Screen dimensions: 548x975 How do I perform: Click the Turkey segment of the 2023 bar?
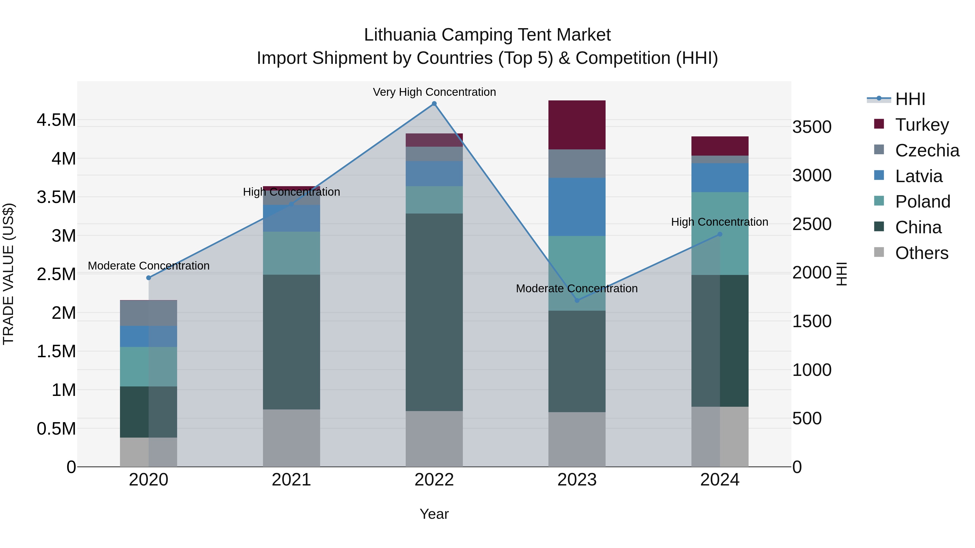tap(577, 125)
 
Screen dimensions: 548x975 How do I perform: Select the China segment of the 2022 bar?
tap(434, 312)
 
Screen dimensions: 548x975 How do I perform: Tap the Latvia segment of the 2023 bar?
tap(577, 207)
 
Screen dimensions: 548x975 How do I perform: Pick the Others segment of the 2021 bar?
tap(291, 438)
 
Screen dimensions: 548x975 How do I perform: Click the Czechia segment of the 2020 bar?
tap(148, 313)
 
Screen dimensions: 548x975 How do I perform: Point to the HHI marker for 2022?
tap(434, 104)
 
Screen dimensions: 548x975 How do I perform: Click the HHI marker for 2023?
tap(577, 300)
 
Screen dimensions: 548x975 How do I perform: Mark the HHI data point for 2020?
tap(148, 278)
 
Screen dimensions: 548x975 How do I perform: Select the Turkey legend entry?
tap(922, 125)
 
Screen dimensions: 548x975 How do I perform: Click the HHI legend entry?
tap(910, 99)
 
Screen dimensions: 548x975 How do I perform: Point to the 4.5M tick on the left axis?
tap(56, 120)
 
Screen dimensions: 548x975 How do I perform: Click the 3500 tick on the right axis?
tap(812, 127)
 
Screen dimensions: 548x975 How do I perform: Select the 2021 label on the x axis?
tap(291, 480)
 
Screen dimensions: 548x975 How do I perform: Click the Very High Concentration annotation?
tap(434, 92)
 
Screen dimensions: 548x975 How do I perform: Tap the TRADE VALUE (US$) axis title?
tap(8, 274)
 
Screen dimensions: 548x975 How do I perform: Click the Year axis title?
tap(434, 514)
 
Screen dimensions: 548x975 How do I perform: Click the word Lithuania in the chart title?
tap(400, 35)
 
